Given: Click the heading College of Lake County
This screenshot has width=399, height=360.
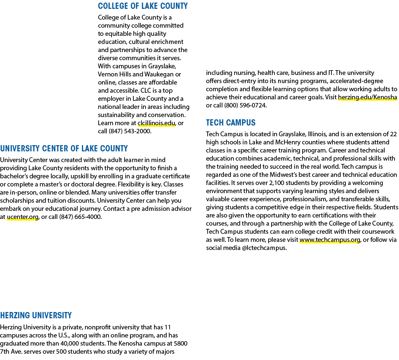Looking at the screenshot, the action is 143,6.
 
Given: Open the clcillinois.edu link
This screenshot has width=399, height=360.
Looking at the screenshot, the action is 156,123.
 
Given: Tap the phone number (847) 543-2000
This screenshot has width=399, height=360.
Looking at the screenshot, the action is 130,131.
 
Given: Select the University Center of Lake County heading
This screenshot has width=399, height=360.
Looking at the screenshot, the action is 64,148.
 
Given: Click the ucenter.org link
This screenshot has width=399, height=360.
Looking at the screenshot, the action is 23,217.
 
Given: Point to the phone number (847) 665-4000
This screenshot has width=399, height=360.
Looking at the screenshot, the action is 81,217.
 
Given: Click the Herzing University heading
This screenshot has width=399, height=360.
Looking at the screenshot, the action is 36,316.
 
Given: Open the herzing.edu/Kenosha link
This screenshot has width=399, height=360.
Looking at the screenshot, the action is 368,97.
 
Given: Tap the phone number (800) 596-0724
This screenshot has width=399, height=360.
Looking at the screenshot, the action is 245,106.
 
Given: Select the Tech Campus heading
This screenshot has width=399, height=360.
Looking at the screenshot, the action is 231,123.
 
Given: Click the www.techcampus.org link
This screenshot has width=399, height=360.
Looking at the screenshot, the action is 330,240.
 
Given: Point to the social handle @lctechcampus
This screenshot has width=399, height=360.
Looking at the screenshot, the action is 264,248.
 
